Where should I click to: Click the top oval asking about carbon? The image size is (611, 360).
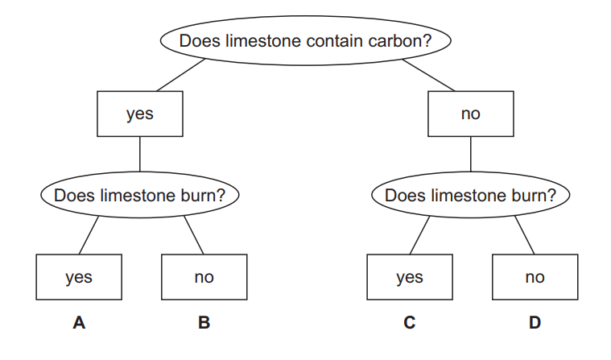point(305,40)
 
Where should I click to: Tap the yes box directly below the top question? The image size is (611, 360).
point(139,114)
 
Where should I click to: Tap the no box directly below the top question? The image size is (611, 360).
point(470,114)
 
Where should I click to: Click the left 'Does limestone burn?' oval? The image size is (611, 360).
point(139,195)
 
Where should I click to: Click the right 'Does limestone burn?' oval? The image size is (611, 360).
point(470,195)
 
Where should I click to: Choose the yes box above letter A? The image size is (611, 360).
point(79,277)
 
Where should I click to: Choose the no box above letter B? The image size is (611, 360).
point(204,277)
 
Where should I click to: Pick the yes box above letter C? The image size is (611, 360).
point(410,277)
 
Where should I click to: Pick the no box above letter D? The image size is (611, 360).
point(535,277)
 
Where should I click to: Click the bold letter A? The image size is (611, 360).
point(79,323)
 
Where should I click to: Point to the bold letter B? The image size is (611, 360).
point(204,323)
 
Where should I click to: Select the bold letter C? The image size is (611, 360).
point(410,323)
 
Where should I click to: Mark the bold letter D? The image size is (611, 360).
point(535,323)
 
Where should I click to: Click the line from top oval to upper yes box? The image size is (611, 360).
point(184,77)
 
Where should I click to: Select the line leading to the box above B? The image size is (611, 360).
point(194,234)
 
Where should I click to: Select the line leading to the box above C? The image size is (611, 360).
point(420,234)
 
